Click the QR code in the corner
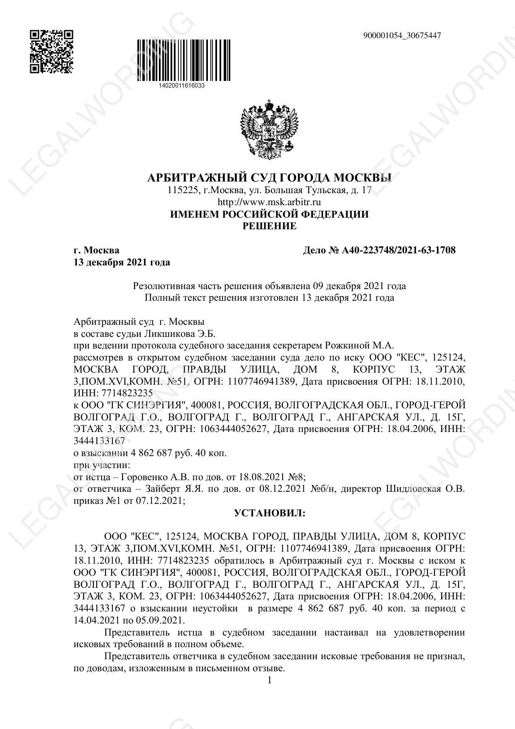51,52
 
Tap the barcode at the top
183,60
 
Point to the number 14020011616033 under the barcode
182,86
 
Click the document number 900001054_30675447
402,36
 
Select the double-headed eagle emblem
269,129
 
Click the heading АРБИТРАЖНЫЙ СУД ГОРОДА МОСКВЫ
269,178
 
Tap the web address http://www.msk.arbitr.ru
269,202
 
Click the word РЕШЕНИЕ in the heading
269,226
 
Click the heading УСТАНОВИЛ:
269,513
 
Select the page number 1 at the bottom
270,680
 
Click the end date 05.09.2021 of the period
160,621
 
